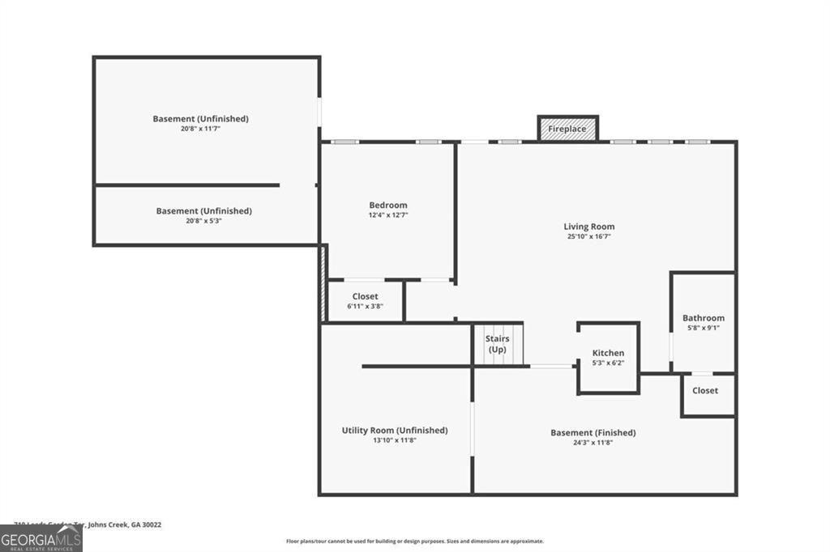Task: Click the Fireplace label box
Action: click(x=567, y=129)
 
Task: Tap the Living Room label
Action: click(x=589, y=227)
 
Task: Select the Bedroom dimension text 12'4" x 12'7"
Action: click(x=388, y=215)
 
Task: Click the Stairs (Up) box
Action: click(x=498, y=344)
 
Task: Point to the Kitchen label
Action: click(x=608, y=353)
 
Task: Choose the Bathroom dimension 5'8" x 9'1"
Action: click(x=703, y=328)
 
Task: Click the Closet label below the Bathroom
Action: click(x=704, y=390)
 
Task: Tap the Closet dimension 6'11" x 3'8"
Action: click(x=365, y=307)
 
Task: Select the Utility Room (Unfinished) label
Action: click(x=395, y=431)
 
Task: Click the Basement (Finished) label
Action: click(x=593, y=433)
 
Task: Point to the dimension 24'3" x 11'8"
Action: click(x=593, y=443)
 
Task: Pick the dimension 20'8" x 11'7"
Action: click(x=201, y=129)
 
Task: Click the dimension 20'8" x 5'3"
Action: click(x=203, y=220)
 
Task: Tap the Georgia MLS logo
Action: click(x=41, y=538)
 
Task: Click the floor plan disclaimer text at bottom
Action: click(x=414, y=541)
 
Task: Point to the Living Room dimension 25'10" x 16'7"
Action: click(x=589, y=237)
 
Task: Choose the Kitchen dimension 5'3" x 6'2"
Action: click(x=608, y=363)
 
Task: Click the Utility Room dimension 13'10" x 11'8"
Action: click(x=395, y=440)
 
